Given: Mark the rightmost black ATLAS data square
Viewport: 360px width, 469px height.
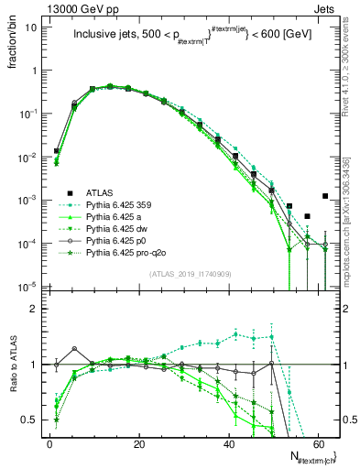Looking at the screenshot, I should [325, 196].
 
